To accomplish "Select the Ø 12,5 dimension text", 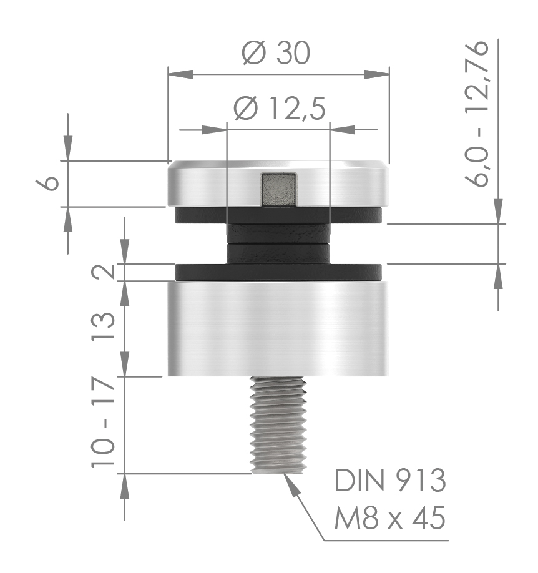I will [x=279, y=110].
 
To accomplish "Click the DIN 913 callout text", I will [x=391, y=481].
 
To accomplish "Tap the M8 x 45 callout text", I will [x=391, y=517].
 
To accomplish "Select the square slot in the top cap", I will [x=278, y=189].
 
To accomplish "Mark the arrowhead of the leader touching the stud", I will [x=291, y=483].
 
